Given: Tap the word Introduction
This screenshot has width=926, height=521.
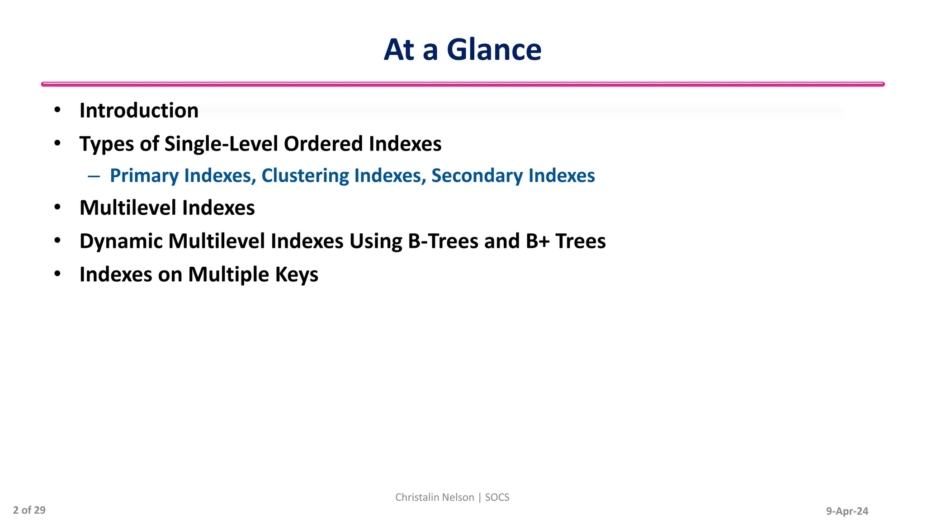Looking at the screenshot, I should (139, 111).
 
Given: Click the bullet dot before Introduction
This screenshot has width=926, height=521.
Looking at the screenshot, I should (57, 110).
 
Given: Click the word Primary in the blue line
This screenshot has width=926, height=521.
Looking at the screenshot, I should (144, 176).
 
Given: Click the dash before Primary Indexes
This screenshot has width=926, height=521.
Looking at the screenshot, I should (94, 176).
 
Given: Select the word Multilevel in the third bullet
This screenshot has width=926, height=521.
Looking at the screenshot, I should (128, 208).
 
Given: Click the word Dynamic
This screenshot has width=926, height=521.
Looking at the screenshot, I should (121, 241).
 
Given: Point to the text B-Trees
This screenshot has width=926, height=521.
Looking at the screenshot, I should (443, 241).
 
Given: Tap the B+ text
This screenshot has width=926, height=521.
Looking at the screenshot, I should (537, 241).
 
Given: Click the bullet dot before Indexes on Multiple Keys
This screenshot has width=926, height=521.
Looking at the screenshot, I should (57, 274).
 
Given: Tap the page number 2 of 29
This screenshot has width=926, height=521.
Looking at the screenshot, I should (29, 510).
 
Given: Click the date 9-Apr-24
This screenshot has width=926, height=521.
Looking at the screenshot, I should (847, 511).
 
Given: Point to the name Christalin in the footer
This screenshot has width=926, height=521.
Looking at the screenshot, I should (415, 497).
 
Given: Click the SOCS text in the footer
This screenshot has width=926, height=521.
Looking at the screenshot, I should (497, 497).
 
